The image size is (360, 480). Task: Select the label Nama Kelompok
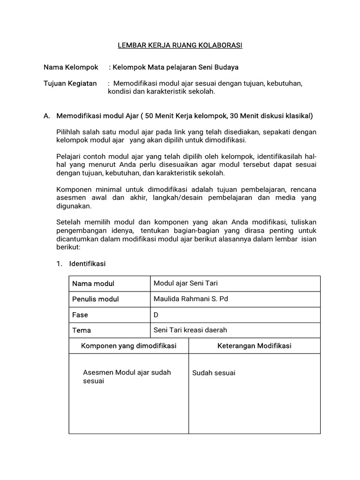[x=71, y=67]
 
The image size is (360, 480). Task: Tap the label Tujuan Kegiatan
[x=70, y=83]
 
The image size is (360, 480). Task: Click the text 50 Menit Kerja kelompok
[x=186, y=115]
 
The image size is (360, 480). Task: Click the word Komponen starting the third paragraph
[x=73, y=189]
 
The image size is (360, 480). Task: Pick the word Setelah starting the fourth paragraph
[x=68, y=222]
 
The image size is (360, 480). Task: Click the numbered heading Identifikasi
[x=87, y=264]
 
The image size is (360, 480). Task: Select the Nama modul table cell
[x=93, y=284]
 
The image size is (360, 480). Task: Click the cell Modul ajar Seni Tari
[x=186, y=283]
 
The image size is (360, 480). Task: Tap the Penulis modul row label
[x=96, y=299]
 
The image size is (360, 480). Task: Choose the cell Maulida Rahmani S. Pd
[x=191, y=299]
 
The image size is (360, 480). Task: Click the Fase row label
[x=80, y=315]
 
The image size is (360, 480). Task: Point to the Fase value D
[x=156, y=315]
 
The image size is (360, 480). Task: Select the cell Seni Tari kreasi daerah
[x=190, y=330]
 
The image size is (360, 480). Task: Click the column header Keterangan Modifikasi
[x=255, y=345]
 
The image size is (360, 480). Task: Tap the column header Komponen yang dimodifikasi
[x=129, y=345]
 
